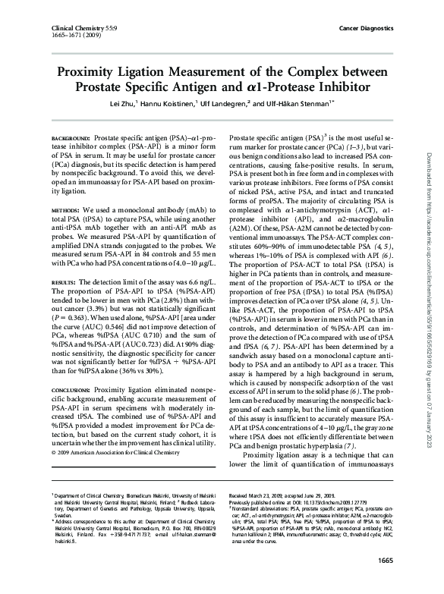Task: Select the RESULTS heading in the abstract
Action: point(65,280)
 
